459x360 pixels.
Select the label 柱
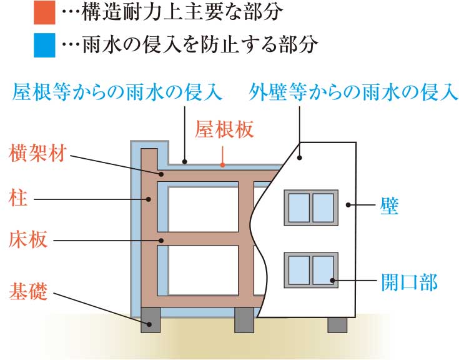point(16,199)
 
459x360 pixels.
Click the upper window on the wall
point(311,207)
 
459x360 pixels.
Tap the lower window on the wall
point(311,269)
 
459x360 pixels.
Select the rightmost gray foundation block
point(337,324)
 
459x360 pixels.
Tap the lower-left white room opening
point(204,270)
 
